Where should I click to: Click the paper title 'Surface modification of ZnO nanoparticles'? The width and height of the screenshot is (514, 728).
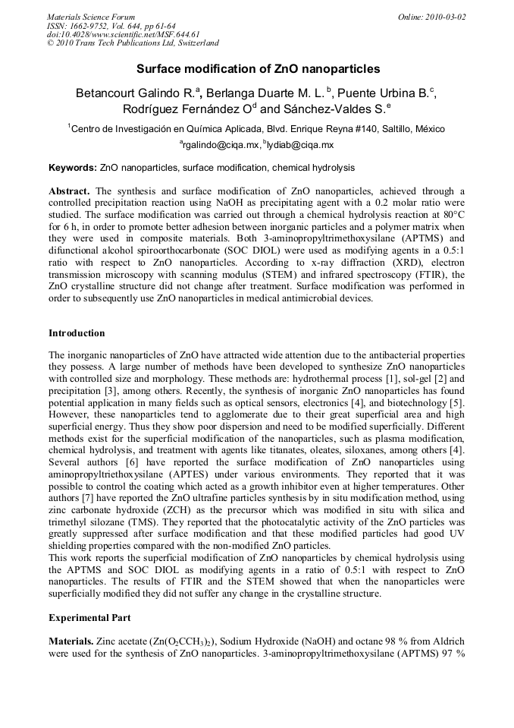click(x=258, y=68)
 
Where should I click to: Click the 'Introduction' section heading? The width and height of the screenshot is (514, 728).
click(x=77, y=333)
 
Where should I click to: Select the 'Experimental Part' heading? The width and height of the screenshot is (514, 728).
click(x=89, y=618)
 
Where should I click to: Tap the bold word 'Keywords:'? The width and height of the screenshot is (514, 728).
click(x=73, y=167)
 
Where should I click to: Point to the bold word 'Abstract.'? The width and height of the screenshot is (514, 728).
click(x=71, y=190)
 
